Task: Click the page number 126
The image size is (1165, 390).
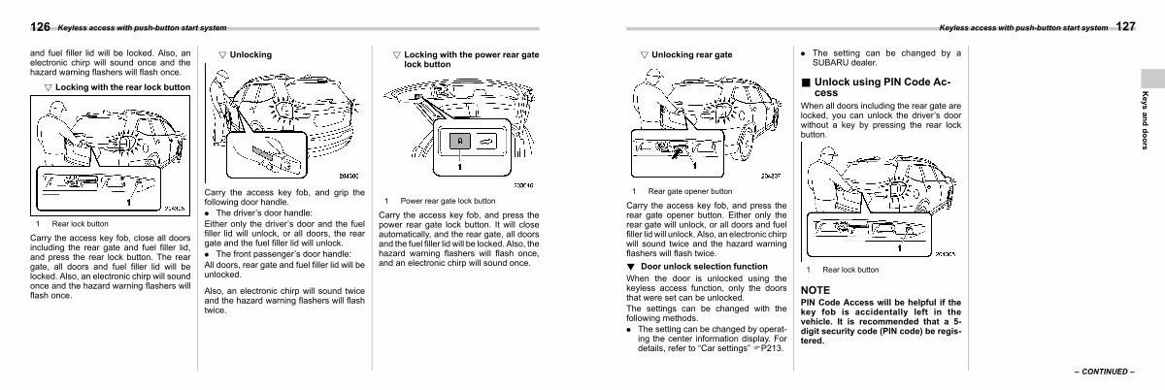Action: (x=40, y=26)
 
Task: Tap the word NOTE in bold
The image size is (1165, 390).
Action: (x=815, y=290)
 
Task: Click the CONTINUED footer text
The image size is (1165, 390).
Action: (x=1104, y=372)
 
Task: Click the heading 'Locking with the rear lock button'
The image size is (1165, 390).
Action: (x=122, y=87)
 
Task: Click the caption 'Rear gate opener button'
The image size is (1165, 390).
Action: (x=690, y=192)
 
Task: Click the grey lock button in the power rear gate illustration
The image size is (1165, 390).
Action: (x=459, y=142)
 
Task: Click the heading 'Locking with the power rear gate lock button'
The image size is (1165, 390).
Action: (x=471, y=59)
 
